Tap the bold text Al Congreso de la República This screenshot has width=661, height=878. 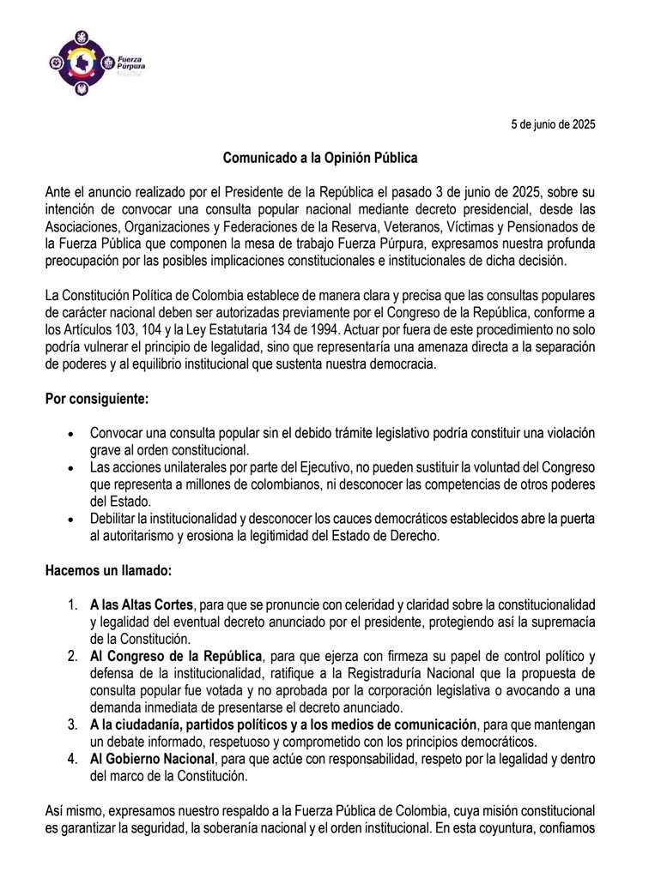176,657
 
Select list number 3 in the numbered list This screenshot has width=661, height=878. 75,724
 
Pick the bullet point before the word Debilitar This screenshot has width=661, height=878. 70,520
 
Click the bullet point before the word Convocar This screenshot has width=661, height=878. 70,436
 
